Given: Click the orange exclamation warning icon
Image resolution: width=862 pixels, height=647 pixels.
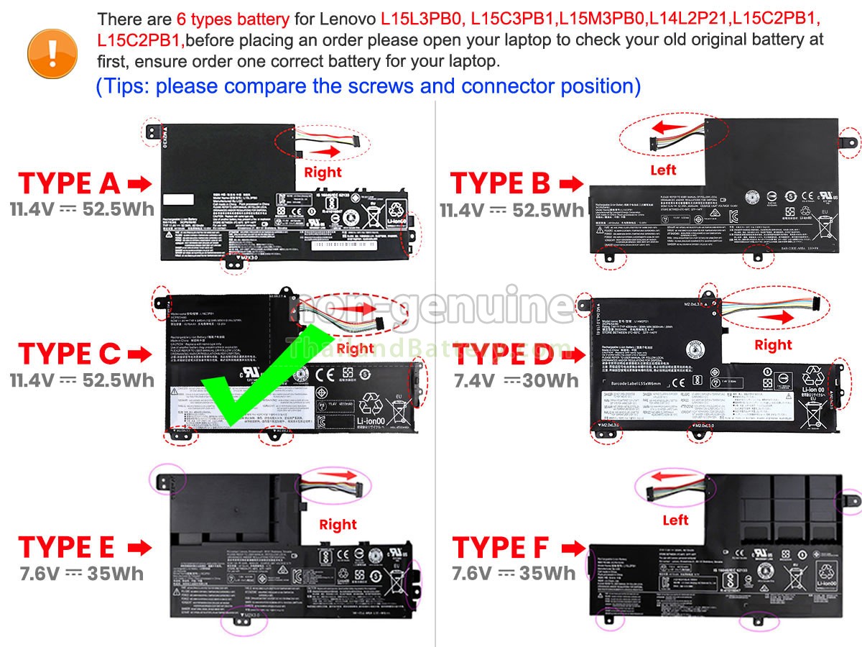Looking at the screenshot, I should (52, 50).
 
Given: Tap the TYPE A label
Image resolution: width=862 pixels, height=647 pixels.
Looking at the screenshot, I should (69, 183).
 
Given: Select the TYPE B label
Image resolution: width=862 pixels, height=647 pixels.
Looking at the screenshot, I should (500, 183).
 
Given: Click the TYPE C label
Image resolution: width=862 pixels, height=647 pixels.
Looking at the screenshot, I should (69, 354).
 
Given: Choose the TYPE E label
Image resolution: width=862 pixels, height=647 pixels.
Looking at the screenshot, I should (66, 547).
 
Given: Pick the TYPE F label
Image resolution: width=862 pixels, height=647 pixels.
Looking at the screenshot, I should (501, 548).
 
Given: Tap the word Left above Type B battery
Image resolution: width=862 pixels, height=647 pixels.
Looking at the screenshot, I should (663, 170).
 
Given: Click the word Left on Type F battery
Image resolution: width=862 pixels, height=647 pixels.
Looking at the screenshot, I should (675, 520).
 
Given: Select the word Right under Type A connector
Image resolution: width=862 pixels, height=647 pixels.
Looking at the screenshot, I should (323, 173).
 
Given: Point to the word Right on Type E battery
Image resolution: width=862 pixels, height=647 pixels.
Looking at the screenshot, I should (338, 525).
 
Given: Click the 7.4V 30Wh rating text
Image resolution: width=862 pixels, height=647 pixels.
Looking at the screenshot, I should (516, 380).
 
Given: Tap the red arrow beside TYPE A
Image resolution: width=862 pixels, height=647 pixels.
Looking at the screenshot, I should (139, 184).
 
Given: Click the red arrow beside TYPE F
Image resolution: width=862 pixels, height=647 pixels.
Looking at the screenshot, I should (573, 549).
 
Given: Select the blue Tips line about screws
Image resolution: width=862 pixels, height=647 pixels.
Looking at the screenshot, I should (368, 86).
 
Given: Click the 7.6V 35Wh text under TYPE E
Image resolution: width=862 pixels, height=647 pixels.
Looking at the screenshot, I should (81, 574).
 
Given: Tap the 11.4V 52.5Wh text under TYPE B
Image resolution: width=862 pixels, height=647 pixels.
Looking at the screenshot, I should (512, 210).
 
